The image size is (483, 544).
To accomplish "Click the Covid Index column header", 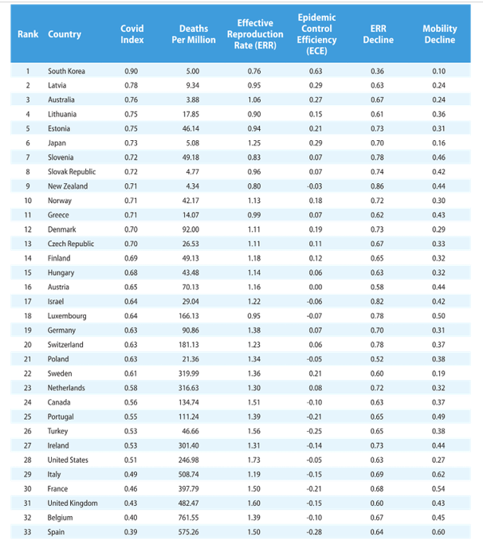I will click(x=132, y=34).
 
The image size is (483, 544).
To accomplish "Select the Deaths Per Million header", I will click(x=193, y=34).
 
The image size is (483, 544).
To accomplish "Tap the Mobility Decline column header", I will click(x=439, y=34).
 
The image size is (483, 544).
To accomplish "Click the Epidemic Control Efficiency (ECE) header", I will click(x=316, y=34).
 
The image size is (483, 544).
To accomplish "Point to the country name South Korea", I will click(x=66, y=72).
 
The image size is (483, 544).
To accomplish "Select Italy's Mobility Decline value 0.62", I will click(x=438, y=473).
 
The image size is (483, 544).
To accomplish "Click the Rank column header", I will click(x=28, y=34).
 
